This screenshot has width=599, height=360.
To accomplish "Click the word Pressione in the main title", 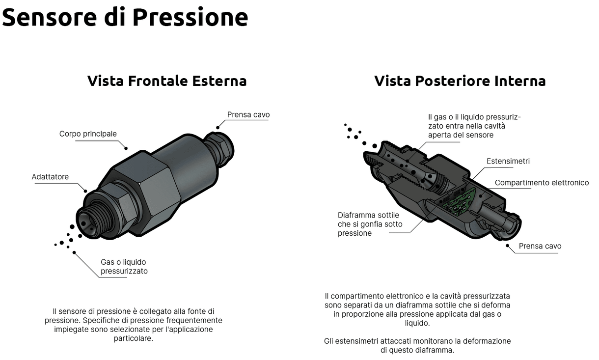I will coord(190,18).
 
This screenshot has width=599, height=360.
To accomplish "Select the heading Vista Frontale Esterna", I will coord(167,81).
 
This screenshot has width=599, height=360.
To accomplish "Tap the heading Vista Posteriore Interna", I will coord(460,81).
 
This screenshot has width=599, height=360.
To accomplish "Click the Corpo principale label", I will coord(88,134).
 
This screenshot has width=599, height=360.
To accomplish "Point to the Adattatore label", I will coord(50,177).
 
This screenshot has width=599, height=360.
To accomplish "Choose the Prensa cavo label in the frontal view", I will coord(248,115).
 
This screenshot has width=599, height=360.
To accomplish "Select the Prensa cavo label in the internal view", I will coord(540,246).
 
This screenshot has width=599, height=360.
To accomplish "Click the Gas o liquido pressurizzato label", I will coord(124,266).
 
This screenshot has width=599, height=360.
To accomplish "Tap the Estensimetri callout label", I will coord(508,161).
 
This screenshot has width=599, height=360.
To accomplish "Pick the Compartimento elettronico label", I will coord(542,183).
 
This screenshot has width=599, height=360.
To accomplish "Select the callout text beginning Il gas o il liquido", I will coord(474,126).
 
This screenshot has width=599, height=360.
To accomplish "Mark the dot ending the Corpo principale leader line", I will coord(126,148).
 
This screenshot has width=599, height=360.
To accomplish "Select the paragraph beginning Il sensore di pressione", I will coord(134,325).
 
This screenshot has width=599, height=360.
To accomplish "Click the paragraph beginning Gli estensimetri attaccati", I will coord(417,345).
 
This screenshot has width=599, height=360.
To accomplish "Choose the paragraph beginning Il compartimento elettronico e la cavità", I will coord(417,309).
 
